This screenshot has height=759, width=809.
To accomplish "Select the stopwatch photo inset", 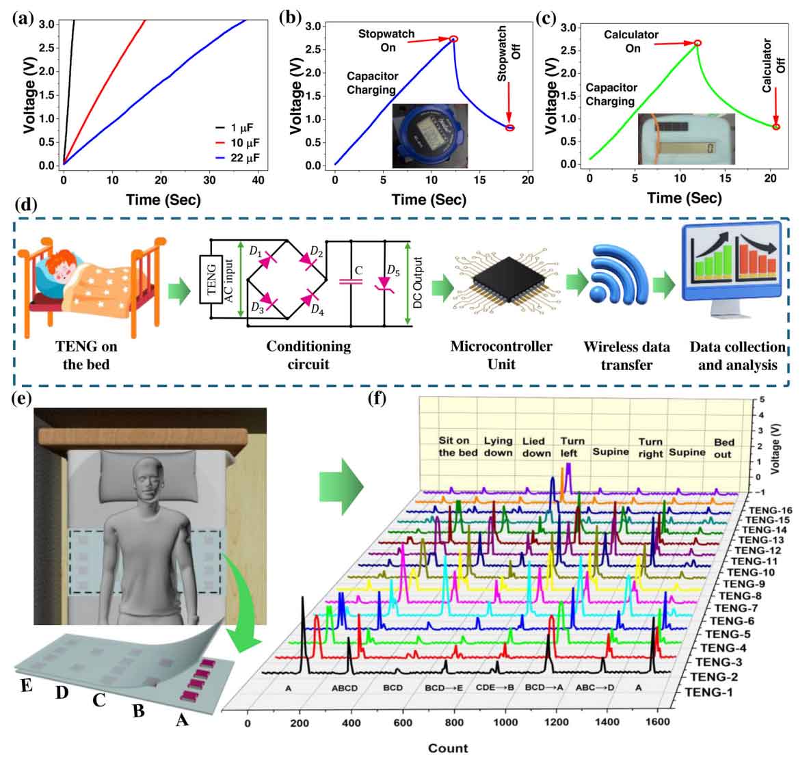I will click(x=429, y=136).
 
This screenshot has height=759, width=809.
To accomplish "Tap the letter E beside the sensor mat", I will click(x=27, y=684).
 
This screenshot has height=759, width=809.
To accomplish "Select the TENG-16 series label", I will click(x=771, y=511).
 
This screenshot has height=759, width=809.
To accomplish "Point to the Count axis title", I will click(x=448, y=747).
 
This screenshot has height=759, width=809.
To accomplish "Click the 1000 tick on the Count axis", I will click(x=506, y=724).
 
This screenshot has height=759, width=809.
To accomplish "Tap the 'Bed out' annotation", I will click(x=724, y=448).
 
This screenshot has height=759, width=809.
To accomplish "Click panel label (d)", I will click(x=25, y=204).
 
